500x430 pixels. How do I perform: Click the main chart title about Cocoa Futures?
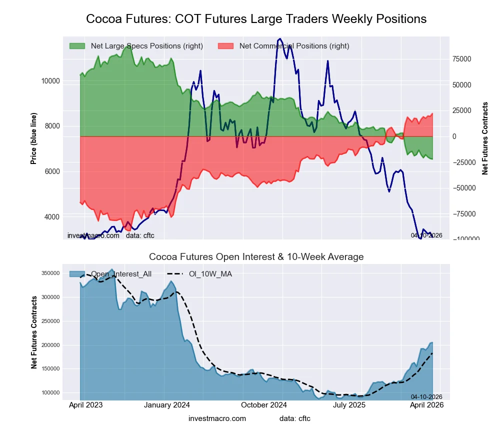point(256,19)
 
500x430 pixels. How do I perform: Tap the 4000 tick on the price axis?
point(51,217)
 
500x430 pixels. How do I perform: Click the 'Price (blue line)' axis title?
point(34,138)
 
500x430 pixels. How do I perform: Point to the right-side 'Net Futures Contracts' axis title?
point(485,138)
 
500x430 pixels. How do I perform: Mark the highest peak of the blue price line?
point(279,38)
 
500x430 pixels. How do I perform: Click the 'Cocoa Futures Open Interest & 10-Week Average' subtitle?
point(256,257)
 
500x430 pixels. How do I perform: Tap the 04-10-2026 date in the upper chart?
point(426,235)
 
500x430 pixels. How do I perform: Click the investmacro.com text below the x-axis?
point(217,418)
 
